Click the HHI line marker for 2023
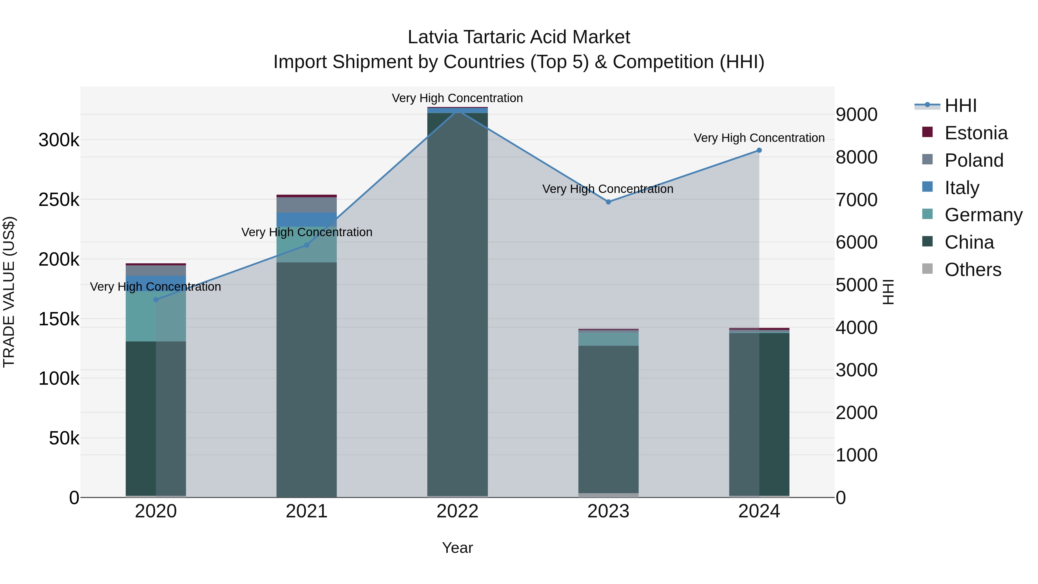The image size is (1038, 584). click(x=608, y=202)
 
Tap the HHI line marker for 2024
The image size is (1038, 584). click(x=759, y=150)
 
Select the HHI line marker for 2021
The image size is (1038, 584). click(x=307, y=245)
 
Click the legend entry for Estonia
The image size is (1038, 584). click(x=975, y=133)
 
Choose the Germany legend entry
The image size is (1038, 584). click(x=983, y=215)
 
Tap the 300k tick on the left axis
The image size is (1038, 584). click(x=59, y=140)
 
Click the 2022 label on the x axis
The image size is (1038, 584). click(x=457, y=511)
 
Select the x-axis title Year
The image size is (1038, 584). click(x=457, y=548)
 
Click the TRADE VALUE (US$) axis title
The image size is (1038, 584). click(x=9, y=292)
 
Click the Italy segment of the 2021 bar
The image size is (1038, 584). click(x=307, y=220)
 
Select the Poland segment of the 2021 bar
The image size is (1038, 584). click(x=307, y=205)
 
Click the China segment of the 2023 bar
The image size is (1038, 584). click(x=608, y=419)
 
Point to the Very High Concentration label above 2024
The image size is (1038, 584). click(x=759, y=138)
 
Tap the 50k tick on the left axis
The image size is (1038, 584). click(x=64, y=438)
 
